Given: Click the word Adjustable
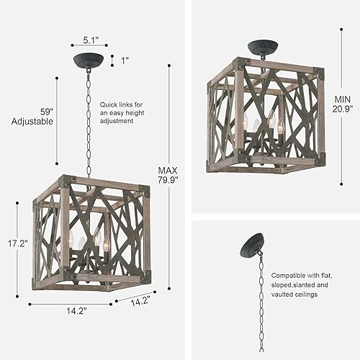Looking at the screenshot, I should tap(32, 122).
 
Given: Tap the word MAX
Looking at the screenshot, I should tap(168, 171).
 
